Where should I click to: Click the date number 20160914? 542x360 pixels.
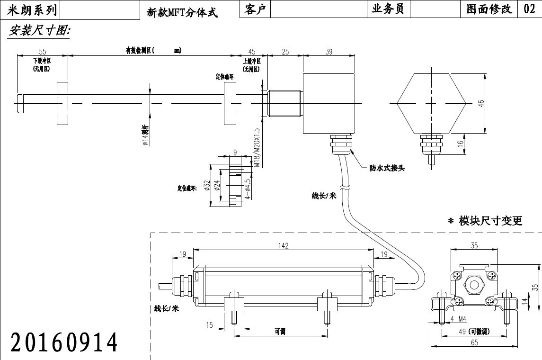[x=64, y=342]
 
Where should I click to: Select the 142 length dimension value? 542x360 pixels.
[x=284, y=245]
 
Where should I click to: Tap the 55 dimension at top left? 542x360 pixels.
[x=42, y=51]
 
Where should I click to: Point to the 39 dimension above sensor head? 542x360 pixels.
[x=329, y=52]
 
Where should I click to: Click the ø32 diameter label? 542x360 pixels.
[x=207, y=185]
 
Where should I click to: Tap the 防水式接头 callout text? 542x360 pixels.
[x=387, y=168]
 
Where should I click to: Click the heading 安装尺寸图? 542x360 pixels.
[x=39, y=31]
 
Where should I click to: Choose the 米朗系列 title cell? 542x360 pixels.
[x=31, y=9]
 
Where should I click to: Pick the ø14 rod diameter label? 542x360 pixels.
[x=146, y=135]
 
